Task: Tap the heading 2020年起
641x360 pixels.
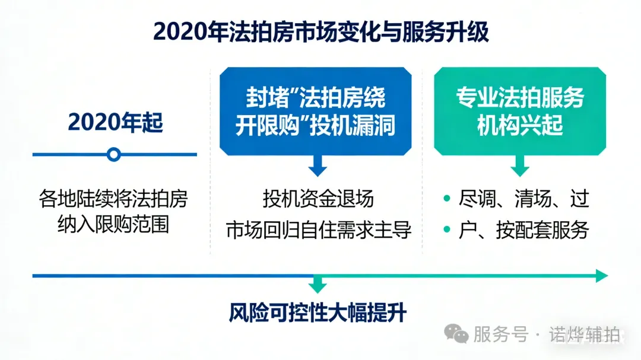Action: (x=115, y=122)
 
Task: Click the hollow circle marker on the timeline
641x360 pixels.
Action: (x=114, y=155)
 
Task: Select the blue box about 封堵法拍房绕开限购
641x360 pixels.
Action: (x=315, y=111)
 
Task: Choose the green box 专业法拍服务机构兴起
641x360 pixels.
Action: (x=520, y=111)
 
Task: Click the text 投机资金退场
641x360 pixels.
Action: (x=318, y=199)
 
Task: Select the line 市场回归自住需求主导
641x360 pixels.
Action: (x=318, y=230)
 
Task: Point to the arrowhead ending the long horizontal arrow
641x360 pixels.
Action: (x=602, y=276)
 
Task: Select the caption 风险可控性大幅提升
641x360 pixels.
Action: (x=318, y=313)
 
